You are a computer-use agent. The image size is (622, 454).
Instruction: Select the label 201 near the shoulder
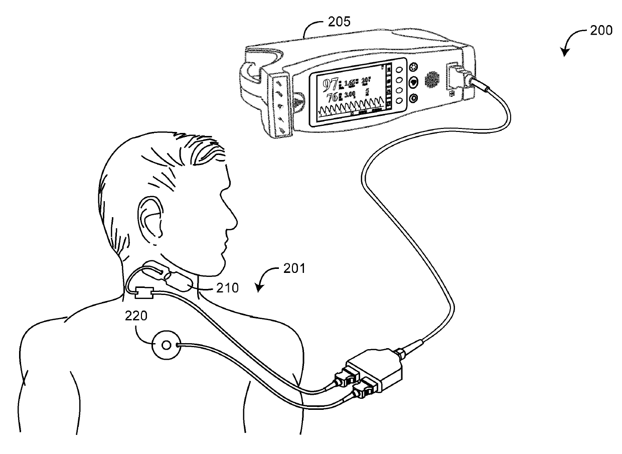(293, 269)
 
